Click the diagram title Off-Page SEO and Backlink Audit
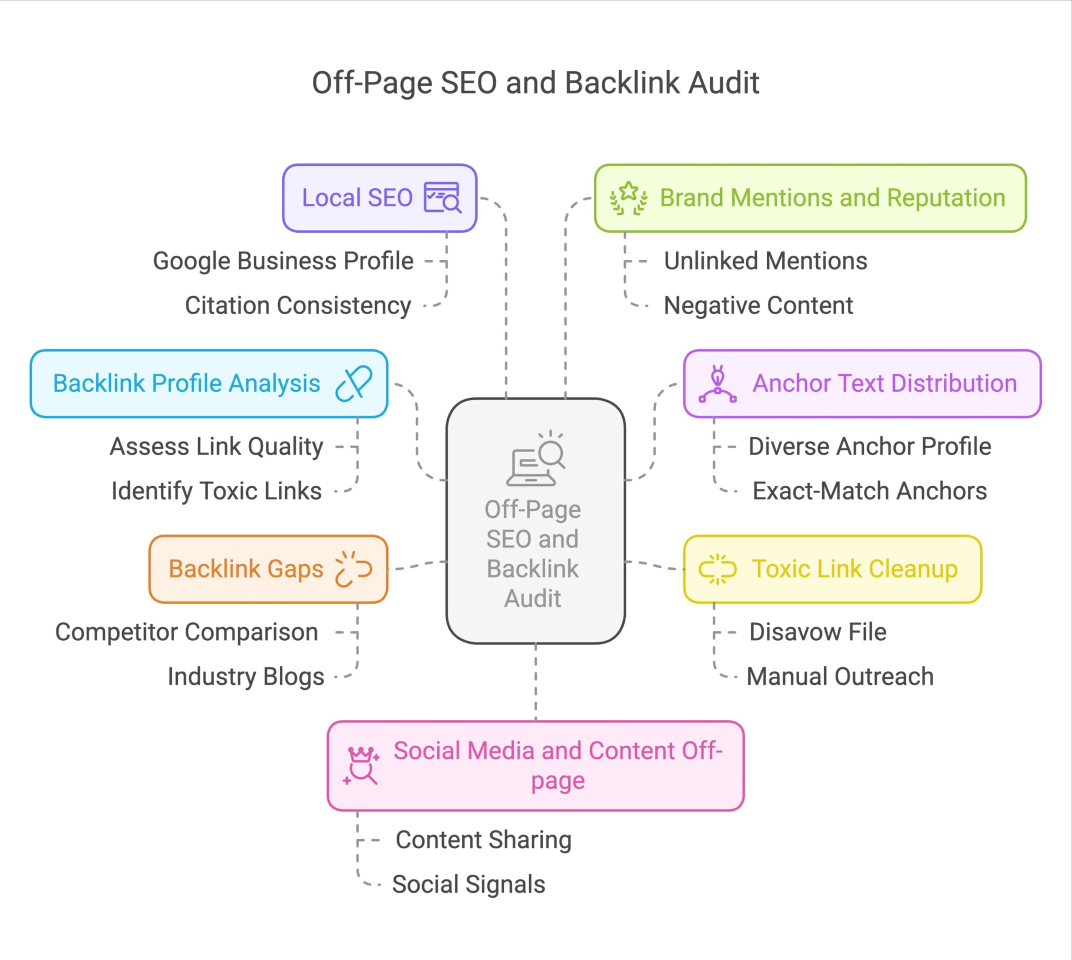point(535,83)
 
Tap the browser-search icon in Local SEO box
point(442,198)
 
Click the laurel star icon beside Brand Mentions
point(628,198)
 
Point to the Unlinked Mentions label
point(765,261)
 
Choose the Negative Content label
point(758,305)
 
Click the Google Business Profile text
point(283,261)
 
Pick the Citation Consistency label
point(298,305)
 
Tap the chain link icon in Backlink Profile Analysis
point(354,383)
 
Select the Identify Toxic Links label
point(216,491)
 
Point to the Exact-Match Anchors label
point(869,491)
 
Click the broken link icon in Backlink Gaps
point(354,569)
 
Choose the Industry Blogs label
point(245,677)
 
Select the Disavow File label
point(817,632)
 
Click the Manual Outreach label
point(840,677)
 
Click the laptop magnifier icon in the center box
point(535,458)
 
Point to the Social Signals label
point(468,885)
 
